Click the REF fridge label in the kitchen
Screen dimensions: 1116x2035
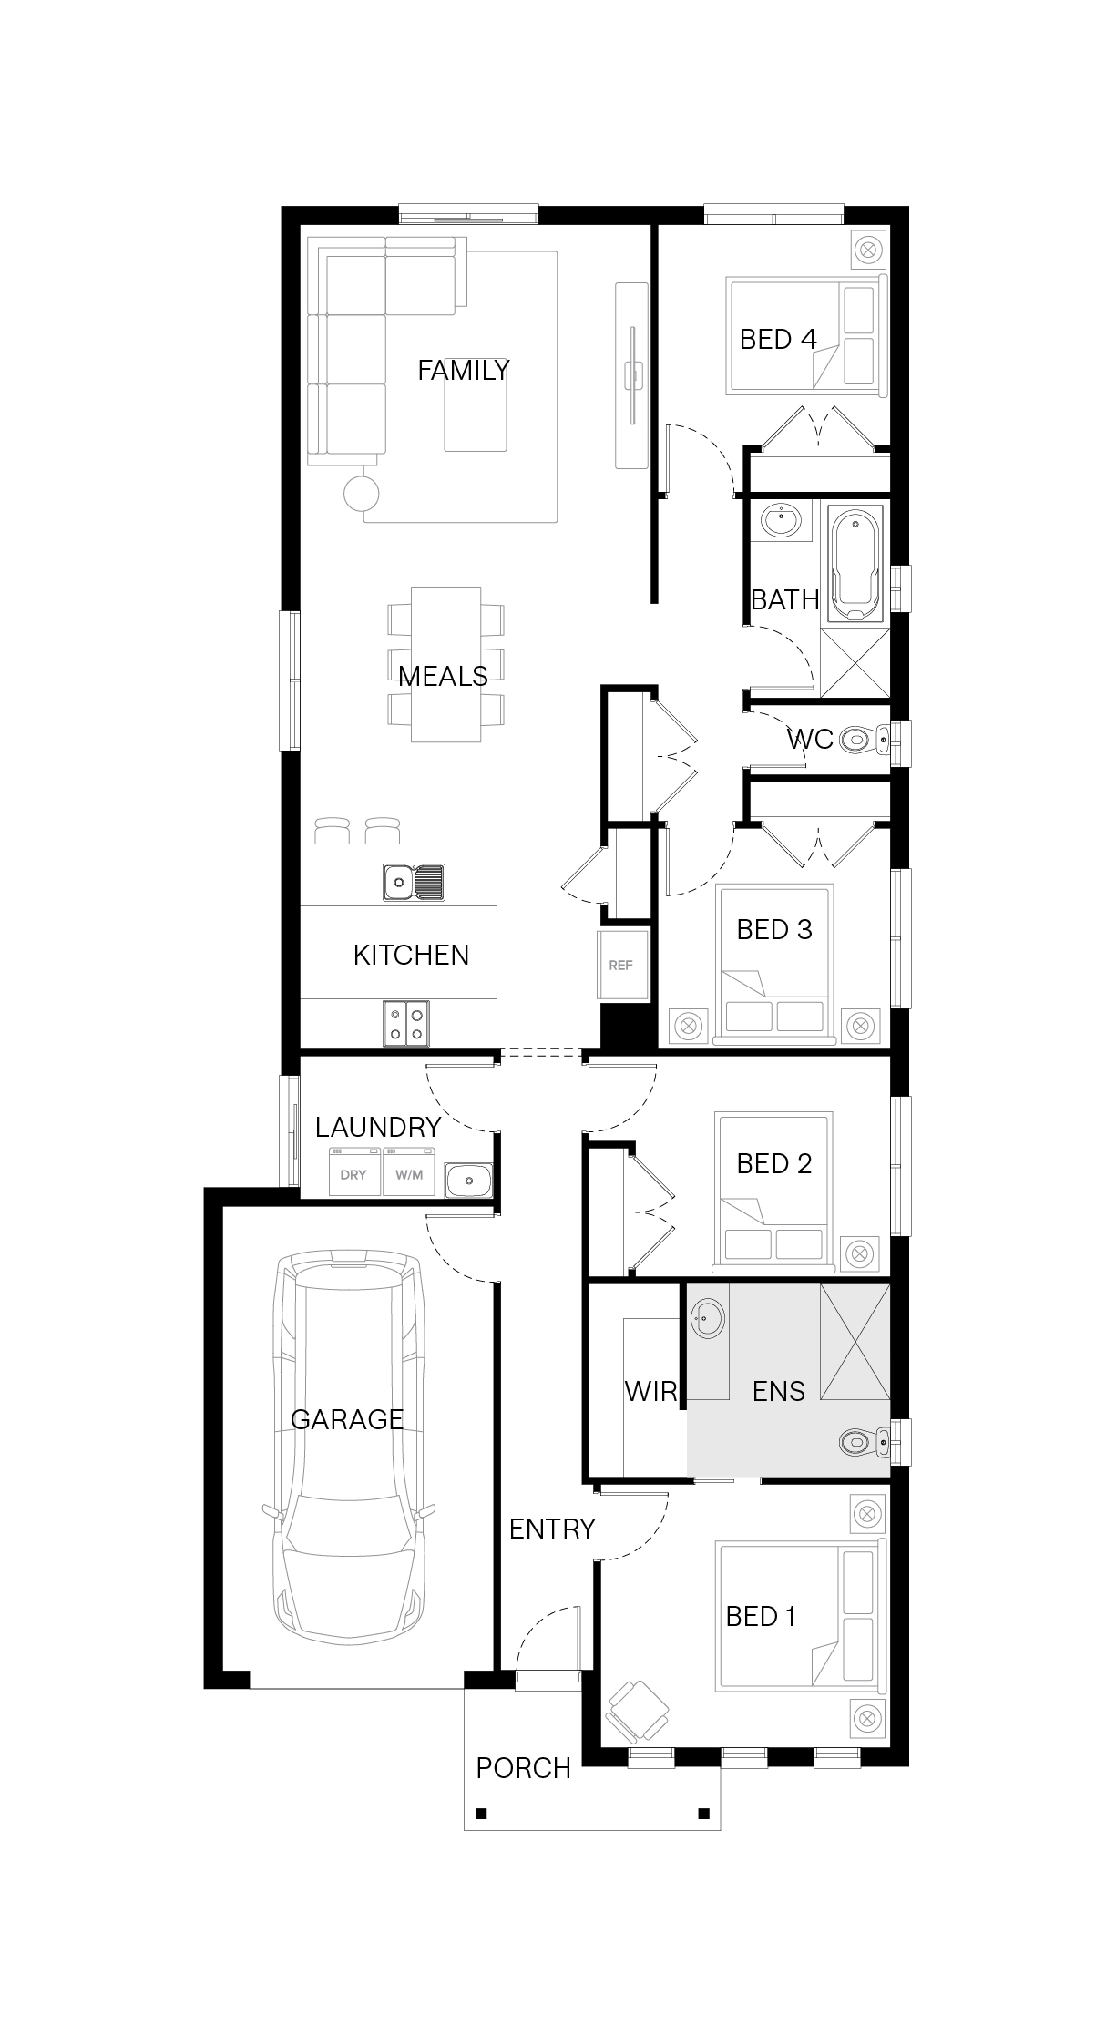point(620,966)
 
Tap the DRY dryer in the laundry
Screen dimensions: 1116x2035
point(354,1173)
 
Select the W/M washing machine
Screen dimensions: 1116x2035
point(409,1173)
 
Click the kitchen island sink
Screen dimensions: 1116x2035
point(415,882)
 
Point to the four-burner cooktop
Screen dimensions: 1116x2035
point(406,1023)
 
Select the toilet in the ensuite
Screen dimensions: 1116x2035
point(864,1442)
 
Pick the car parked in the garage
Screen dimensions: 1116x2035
point(347,1450)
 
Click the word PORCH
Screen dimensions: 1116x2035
point(523,1768)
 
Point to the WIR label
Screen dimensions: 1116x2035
point(651,1391)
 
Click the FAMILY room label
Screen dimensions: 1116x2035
point(463,370)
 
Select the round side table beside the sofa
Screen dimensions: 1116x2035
point(361,493)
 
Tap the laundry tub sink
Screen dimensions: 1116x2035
point(468,1181)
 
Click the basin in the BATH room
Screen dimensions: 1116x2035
point(781,522)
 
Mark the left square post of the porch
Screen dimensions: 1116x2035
point(482,1813)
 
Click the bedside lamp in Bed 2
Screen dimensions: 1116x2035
point(859,1253)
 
